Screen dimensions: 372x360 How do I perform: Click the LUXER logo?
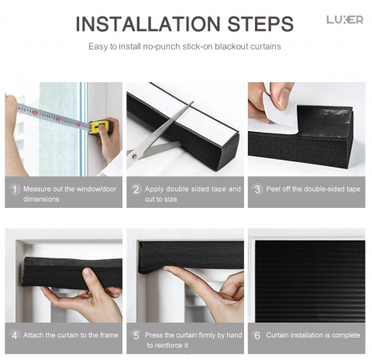tap(345, 19)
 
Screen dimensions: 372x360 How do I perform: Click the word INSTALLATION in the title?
tap(148, 23)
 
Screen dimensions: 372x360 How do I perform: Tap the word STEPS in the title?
tap(260, 23)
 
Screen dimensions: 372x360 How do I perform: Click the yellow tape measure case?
tap(101, 127)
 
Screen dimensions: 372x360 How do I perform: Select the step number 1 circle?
tap(15, 189)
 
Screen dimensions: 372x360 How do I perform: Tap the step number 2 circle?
tap(136, 189)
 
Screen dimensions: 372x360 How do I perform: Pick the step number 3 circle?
tap(257, 189)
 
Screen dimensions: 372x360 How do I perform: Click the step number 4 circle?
tap(15, 335)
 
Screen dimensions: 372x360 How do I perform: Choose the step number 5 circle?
tap(136, 335)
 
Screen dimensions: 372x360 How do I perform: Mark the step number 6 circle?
tap(257, 335)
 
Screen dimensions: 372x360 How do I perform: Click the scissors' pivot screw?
tap(134, 156)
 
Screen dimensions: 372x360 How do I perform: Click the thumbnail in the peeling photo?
tap(284, 99)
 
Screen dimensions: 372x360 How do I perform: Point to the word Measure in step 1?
tap(37, 189)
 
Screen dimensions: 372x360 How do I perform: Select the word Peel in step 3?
tap(273, 189)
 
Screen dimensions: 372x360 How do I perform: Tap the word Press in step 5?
tap(153, 335)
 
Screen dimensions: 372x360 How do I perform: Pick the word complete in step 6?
tap(346, 335)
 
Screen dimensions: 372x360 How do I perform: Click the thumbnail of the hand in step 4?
tap(88, 273)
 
